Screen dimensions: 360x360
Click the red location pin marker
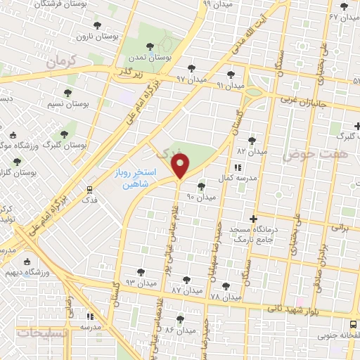pos(181,167)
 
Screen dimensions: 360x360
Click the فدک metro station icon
pos(90,190)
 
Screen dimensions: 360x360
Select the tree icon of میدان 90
pos(202,186)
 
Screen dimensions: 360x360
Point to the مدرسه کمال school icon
pos(237,167)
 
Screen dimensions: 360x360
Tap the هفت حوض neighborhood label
pos(305,155)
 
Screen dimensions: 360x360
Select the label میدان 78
pos(225,297)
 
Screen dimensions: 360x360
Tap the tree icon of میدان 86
pos(181,319)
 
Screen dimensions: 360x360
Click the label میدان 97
pos(191,79)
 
